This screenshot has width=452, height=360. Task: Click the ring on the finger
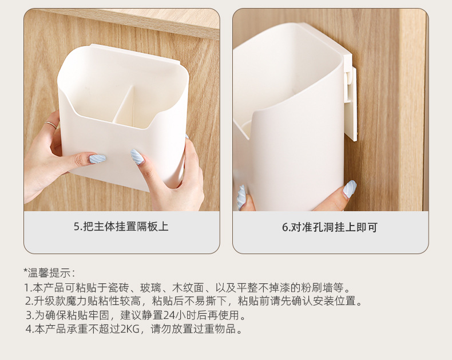pos(51,124)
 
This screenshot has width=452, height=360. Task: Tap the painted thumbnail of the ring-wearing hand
pos(97,157)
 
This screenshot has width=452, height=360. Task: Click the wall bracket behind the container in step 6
pos(351,97)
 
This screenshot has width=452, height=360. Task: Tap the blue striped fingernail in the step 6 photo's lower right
pos(350,188)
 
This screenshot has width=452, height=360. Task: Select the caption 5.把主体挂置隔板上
pos(121,227)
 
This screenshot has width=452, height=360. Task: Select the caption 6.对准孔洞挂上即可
pos(330,227)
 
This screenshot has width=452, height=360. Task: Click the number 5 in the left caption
pos(76,227)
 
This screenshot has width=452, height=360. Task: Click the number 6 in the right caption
pos(285,227)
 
